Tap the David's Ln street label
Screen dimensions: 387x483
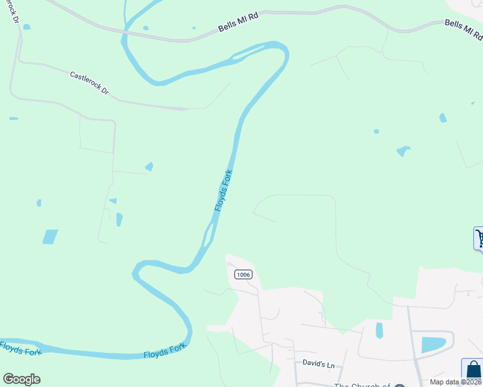click(x=319, y=364)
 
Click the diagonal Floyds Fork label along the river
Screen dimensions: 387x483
click(x=223, y=190)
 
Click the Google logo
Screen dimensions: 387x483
click(x=21, y=379)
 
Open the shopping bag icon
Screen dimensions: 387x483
click(x=473, y=370)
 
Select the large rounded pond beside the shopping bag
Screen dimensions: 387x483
click(x=433, y=344)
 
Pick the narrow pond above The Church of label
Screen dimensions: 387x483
click(x=379, y=330)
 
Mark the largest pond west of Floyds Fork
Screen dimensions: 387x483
click(x=50, y=237)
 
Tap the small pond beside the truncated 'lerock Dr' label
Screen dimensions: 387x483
click(x=26, y=27)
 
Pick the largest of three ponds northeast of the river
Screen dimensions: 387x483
click(x=403, y=151)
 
